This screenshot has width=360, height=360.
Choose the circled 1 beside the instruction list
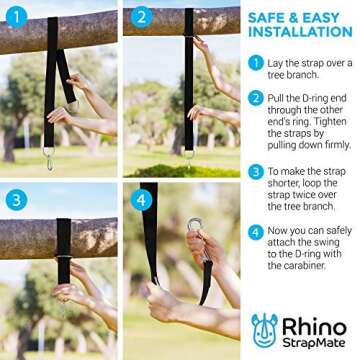257,62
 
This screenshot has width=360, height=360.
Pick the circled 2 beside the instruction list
257,97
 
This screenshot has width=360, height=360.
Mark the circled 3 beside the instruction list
257,172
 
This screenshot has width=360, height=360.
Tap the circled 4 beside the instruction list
257,233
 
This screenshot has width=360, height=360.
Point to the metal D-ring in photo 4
193,226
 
